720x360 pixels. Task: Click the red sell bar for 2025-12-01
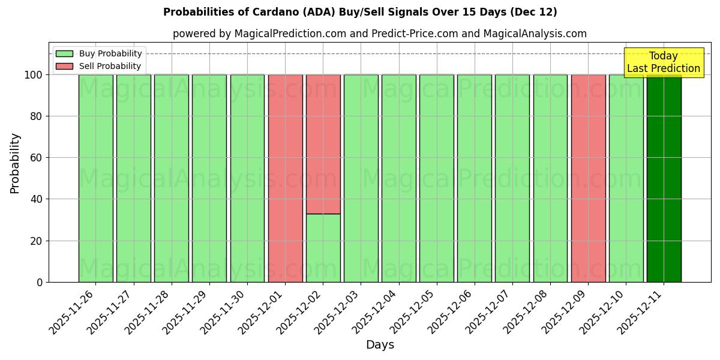click(285, 178)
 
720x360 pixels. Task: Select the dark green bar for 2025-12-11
click(664, 178)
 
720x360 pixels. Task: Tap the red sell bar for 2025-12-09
click(588, 178)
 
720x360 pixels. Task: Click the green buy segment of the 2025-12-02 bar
click(323, 248)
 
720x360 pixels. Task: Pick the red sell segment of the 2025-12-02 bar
click(323, 144)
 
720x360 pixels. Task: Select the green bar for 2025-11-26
click(95, 178)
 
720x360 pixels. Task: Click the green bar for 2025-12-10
click(626, 178)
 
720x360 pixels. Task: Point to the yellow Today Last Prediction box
click(663, 62)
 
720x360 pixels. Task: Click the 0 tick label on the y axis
click(40, 282)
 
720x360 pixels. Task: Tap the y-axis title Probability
click(15, 163)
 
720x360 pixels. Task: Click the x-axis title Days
click(380, 345)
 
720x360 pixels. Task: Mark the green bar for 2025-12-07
click(512, 178)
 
